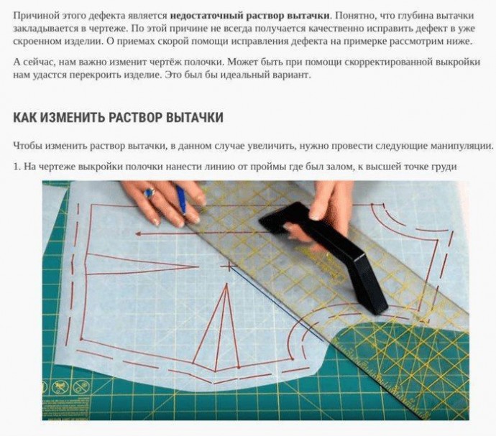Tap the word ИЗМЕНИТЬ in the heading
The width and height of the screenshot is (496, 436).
click(x=70, y=117)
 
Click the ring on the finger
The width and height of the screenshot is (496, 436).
click(x=148, y=193)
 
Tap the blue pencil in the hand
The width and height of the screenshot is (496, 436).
click(x=182, y=200)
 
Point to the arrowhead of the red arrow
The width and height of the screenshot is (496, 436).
click(x=138, y=234)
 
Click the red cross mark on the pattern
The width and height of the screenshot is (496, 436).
click(x=226, y=266)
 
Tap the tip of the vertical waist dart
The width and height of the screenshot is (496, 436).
click(x=226, y=284)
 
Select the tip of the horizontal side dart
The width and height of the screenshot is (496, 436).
click(x=198, y=267)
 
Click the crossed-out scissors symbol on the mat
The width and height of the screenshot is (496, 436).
click(x=80, y=386)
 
